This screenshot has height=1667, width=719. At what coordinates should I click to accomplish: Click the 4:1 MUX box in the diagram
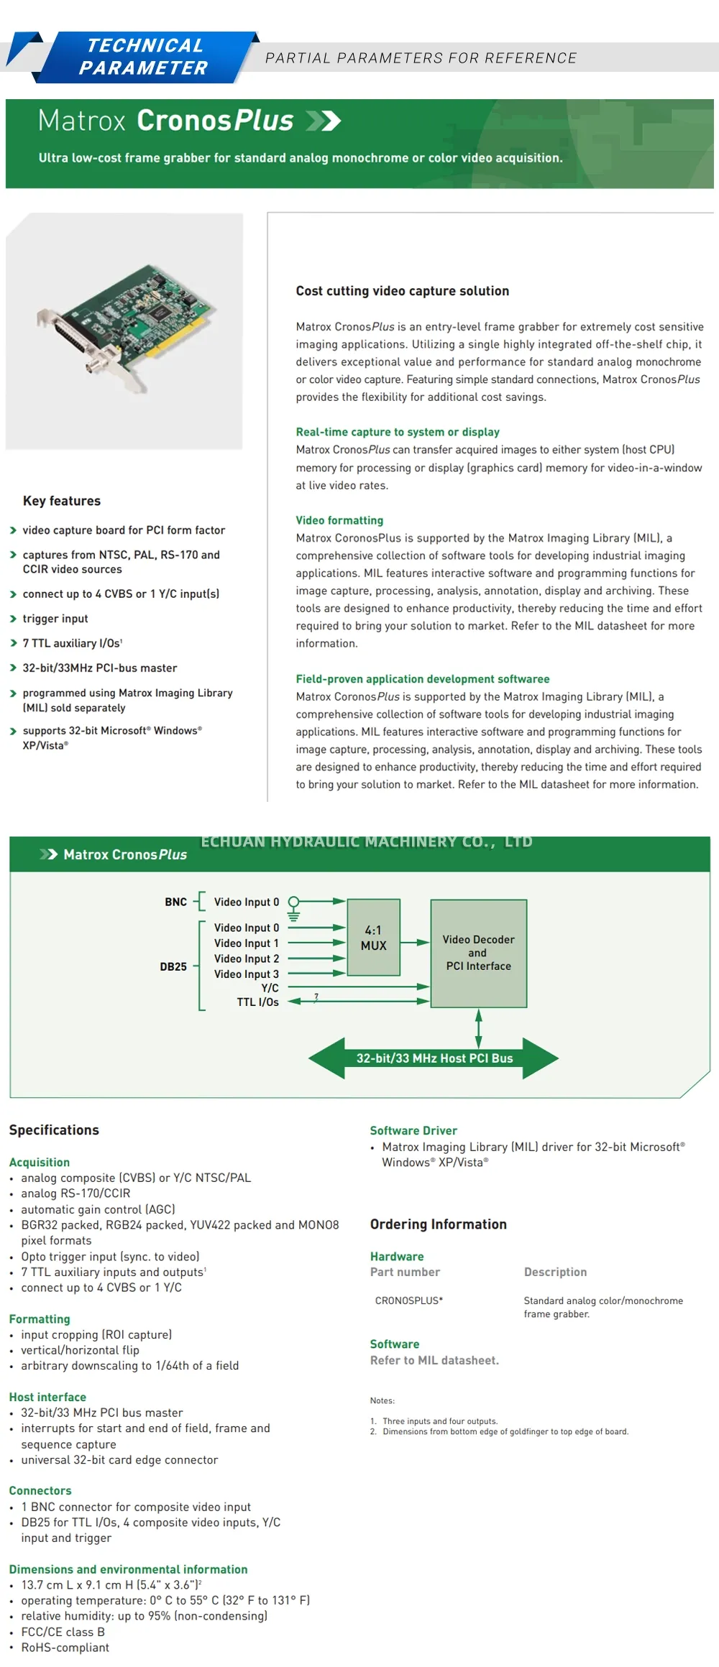[373, 937]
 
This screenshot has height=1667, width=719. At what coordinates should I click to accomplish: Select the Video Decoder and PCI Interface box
[478, 953]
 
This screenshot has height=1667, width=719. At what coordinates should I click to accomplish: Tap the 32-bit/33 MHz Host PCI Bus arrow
[434, 1058]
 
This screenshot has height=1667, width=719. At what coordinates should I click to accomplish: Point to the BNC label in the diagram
[175, 902]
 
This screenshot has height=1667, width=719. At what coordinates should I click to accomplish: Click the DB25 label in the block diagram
[173, 966]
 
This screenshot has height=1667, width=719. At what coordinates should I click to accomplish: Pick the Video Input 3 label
[246, 974]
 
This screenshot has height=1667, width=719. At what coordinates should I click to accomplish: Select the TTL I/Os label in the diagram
[257, 1002]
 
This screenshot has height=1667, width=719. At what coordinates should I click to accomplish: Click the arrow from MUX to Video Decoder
[415, 942]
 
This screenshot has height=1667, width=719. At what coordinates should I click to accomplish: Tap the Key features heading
[62, 501]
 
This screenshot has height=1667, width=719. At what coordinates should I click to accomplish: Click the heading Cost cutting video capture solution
[402, 291]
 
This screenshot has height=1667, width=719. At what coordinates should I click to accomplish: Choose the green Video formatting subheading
[339, 520]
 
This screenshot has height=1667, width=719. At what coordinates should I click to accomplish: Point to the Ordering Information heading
[438, 1224]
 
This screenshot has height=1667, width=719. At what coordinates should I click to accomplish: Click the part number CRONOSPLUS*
[408, 1301]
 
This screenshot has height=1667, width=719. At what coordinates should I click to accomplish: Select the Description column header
[555, 1272]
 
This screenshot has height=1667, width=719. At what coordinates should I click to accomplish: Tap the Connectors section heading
[40, 1490]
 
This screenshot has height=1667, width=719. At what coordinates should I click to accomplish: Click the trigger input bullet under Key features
[55, 619]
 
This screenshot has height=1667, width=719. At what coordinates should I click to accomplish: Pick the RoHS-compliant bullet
[65, 1648]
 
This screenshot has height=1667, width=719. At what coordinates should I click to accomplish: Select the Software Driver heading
[413, 1130]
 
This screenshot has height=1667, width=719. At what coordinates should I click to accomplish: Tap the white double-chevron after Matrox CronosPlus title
[323, 121]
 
